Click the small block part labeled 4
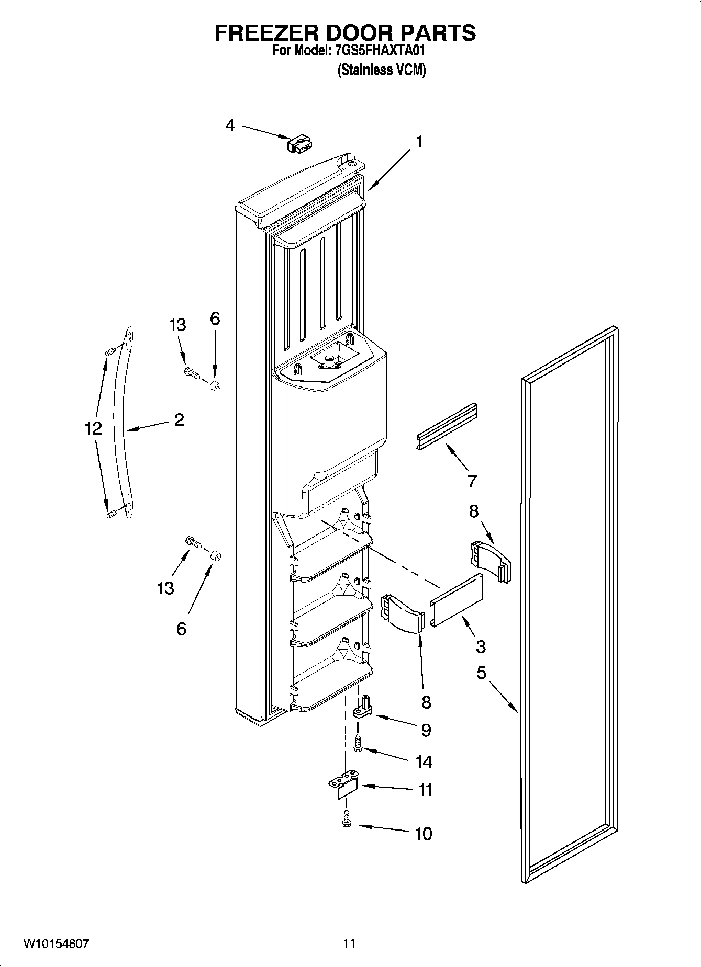pyautogui.click(x=299, y=144)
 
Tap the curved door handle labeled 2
pyautogui.click(x=124, y=424)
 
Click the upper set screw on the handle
pyautogui.click(x=109, y=352)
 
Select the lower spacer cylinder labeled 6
pyautogui.click(x=215, y=555)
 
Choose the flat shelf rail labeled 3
pyautogui.click(x=457, y=600)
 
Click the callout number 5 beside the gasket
pyautogui.click(x=481, y=673)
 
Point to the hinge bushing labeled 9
pyautogui.click(x=362, y=707)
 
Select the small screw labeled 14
pyautogui.click(x=359, y=744)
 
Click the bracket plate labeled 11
pyautogui.click(x=343, y=787)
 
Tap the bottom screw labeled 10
pyautogui.click(x=346, y=819)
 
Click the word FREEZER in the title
pyautogui.click(x=266, y=32)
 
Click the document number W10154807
pyautogui.click(x=56, y=943)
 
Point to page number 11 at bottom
pyautogui.click(x=349, y=943)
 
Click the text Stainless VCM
pyautogui.click(x=382, y=70)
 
